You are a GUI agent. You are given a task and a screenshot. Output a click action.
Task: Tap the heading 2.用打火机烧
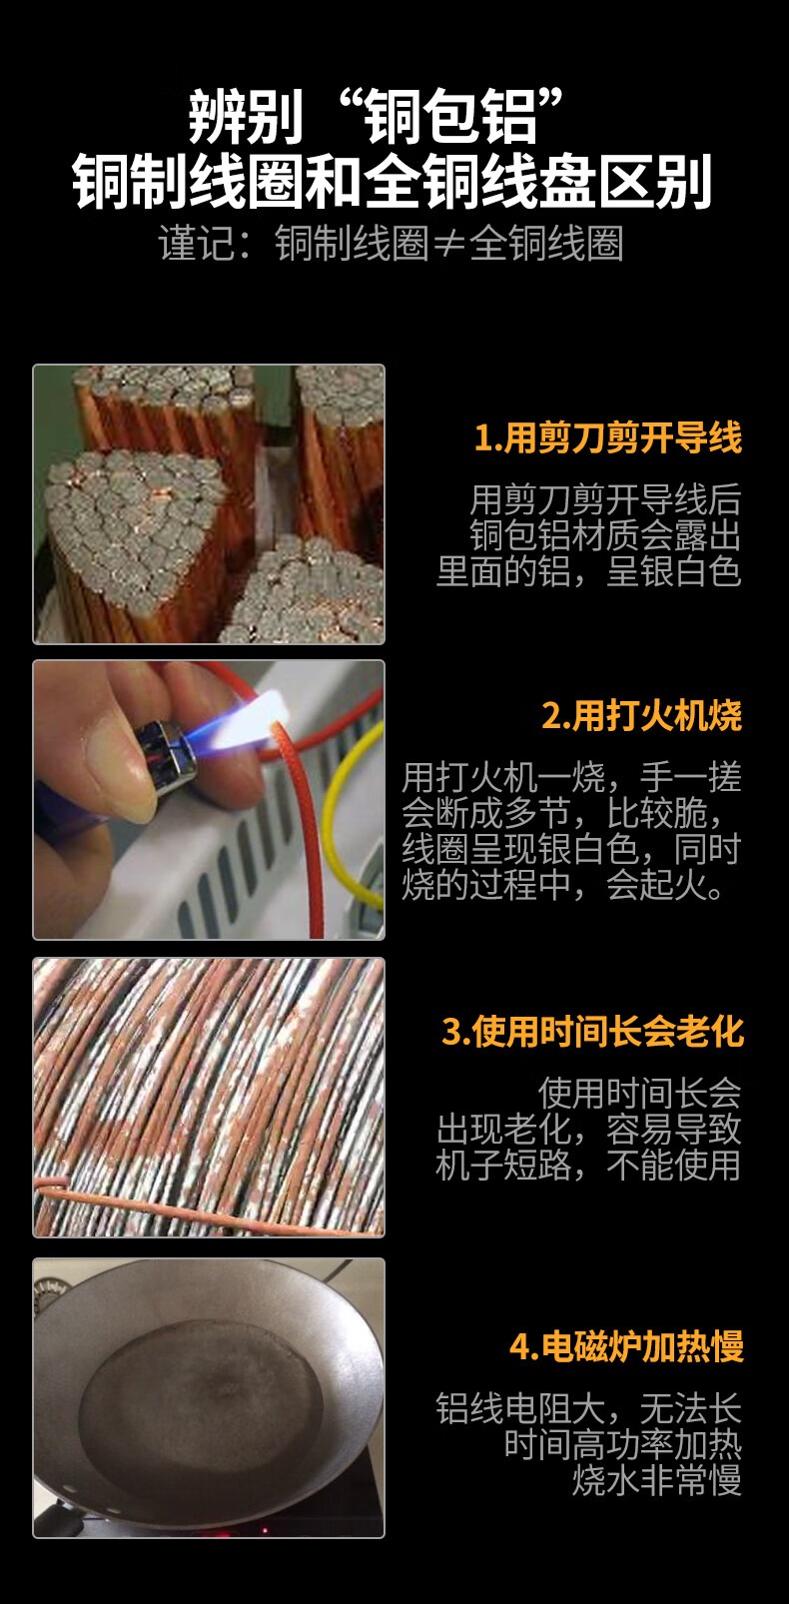click(x=641, y=715)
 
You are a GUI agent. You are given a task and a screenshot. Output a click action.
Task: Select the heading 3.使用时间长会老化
click(x=593, y=1031)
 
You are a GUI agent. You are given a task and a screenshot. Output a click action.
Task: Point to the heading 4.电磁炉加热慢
click(x=626, y=1346)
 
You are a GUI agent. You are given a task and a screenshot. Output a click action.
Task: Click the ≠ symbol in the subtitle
click(x=448, y=245)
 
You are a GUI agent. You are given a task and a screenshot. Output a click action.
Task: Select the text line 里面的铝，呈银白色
click(x=588, y=571)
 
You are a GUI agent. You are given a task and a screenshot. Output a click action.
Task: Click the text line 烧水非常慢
click(x=656, y=1479)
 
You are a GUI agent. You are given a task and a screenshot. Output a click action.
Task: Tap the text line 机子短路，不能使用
click(x=588, y=1165)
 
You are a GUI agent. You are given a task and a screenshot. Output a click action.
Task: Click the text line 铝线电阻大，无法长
click(x=588, y=1408)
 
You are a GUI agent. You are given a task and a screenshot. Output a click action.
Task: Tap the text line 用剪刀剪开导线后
click(x=605, y=499)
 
